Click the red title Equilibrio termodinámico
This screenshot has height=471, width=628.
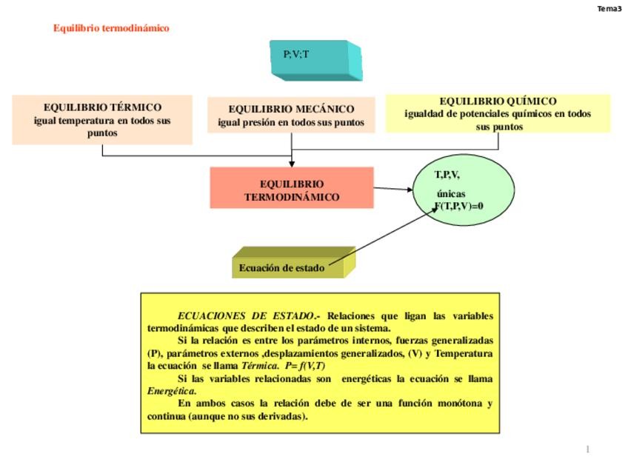tap(111, 28)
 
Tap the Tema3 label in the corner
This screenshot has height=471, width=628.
tap(609, 9)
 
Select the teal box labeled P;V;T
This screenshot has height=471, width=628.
tap(314, 58)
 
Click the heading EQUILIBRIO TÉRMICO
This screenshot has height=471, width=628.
tap(102, 107)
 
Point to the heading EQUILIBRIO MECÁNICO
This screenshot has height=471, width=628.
tap(291, 109)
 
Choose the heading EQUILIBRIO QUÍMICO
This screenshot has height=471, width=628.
tap(498, 101)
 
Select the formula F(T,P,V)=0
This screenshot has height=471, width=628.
tap(458, 206)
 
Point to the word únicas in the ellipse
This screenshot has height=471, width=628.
tap(451, 194)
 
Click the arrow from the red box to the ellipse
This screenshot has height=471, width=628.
tap(393, 189)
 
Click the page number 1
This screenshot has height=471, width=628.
tap(587, 449)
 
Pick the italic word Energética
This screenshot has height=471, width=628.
tap(171, 391)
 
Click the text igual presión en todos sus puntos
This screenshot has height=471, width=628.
tap(291, 123)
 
